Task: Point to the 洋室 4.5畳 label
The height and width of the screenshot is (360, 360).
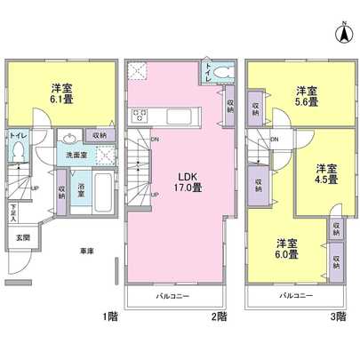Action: click(x=325, y=173)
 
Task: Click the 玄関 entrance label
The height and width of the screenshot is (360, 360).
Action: click(x=21, y=238)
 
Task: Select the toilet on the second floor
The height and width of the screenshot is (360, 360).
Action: click(x=222, y=74)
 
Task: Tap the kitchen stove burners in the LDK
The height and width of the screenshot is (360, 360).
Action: click(x=140, y=115)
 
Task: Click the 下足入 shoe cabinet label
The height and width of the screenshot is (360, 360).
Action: click(x=13, y=212)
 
